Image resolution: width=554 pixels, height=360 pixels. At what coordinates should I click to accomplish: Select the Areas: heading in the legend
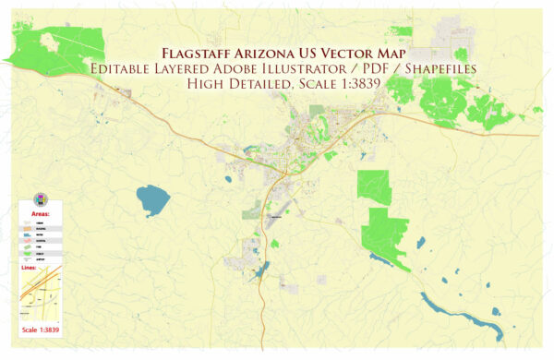41,213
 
